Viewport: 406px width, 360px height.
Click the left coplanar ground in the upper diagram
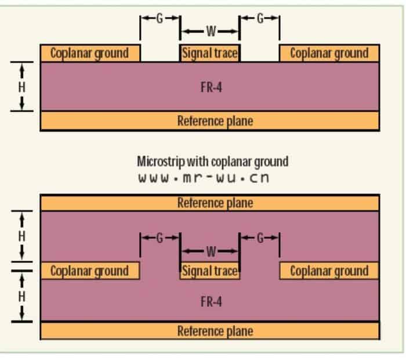coord(90,53)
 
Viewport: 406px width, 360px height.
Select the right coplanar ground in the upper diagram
coord(329,53)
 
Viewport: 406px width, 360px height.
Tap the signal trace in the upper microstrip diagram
coord(210,53)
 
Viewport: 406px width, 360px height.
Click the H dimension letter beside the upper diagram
coord(22,87)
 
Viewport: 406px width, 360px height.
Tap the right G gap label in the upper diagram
coord(260,18)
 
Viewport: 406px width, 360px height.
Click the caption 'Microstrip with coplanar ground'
coord(212,161)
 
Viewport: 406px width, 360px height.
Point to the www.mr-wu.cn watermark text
coord(204,178)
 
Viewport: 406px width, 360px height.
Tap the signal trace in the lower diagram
coord(210,271)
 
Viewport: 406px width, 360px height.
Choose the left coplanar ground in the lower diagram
coord(90,271)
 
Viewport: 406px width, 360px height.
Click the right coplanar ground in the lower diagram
coord(329,271)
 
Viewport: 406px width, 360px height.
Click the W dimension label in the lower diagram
coord(211,251)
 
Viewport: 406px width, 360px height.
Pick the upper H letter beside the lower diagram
coord(22,236)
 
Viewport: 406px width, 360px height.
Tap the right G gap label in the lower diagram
coord(260,238)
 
